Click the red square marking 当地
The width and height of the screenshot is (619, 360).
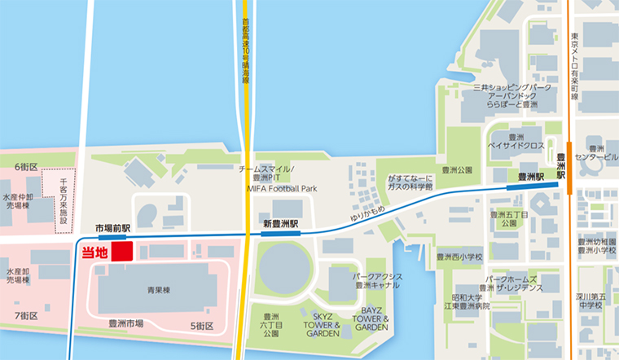coord(122,251)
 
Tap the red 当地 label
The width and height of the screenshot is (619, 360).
coord(95,252)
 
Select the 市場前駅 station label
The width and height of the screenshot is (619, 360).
coord(112,229)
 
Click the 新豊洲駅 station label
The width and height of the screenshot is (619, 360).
coord(281,222)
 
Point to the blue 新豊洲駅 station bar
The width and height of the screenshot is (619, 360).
coord(280,234)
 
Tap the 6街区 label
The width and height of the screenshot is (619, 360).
coord(26,166)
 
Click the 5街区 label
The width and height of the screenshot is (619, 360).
coord(202,326)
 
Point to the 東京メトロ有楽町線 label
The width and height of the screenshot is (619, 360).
coord(576,66)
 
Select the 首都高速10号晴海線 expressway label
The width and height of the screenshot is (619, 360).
coord(244,53)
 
